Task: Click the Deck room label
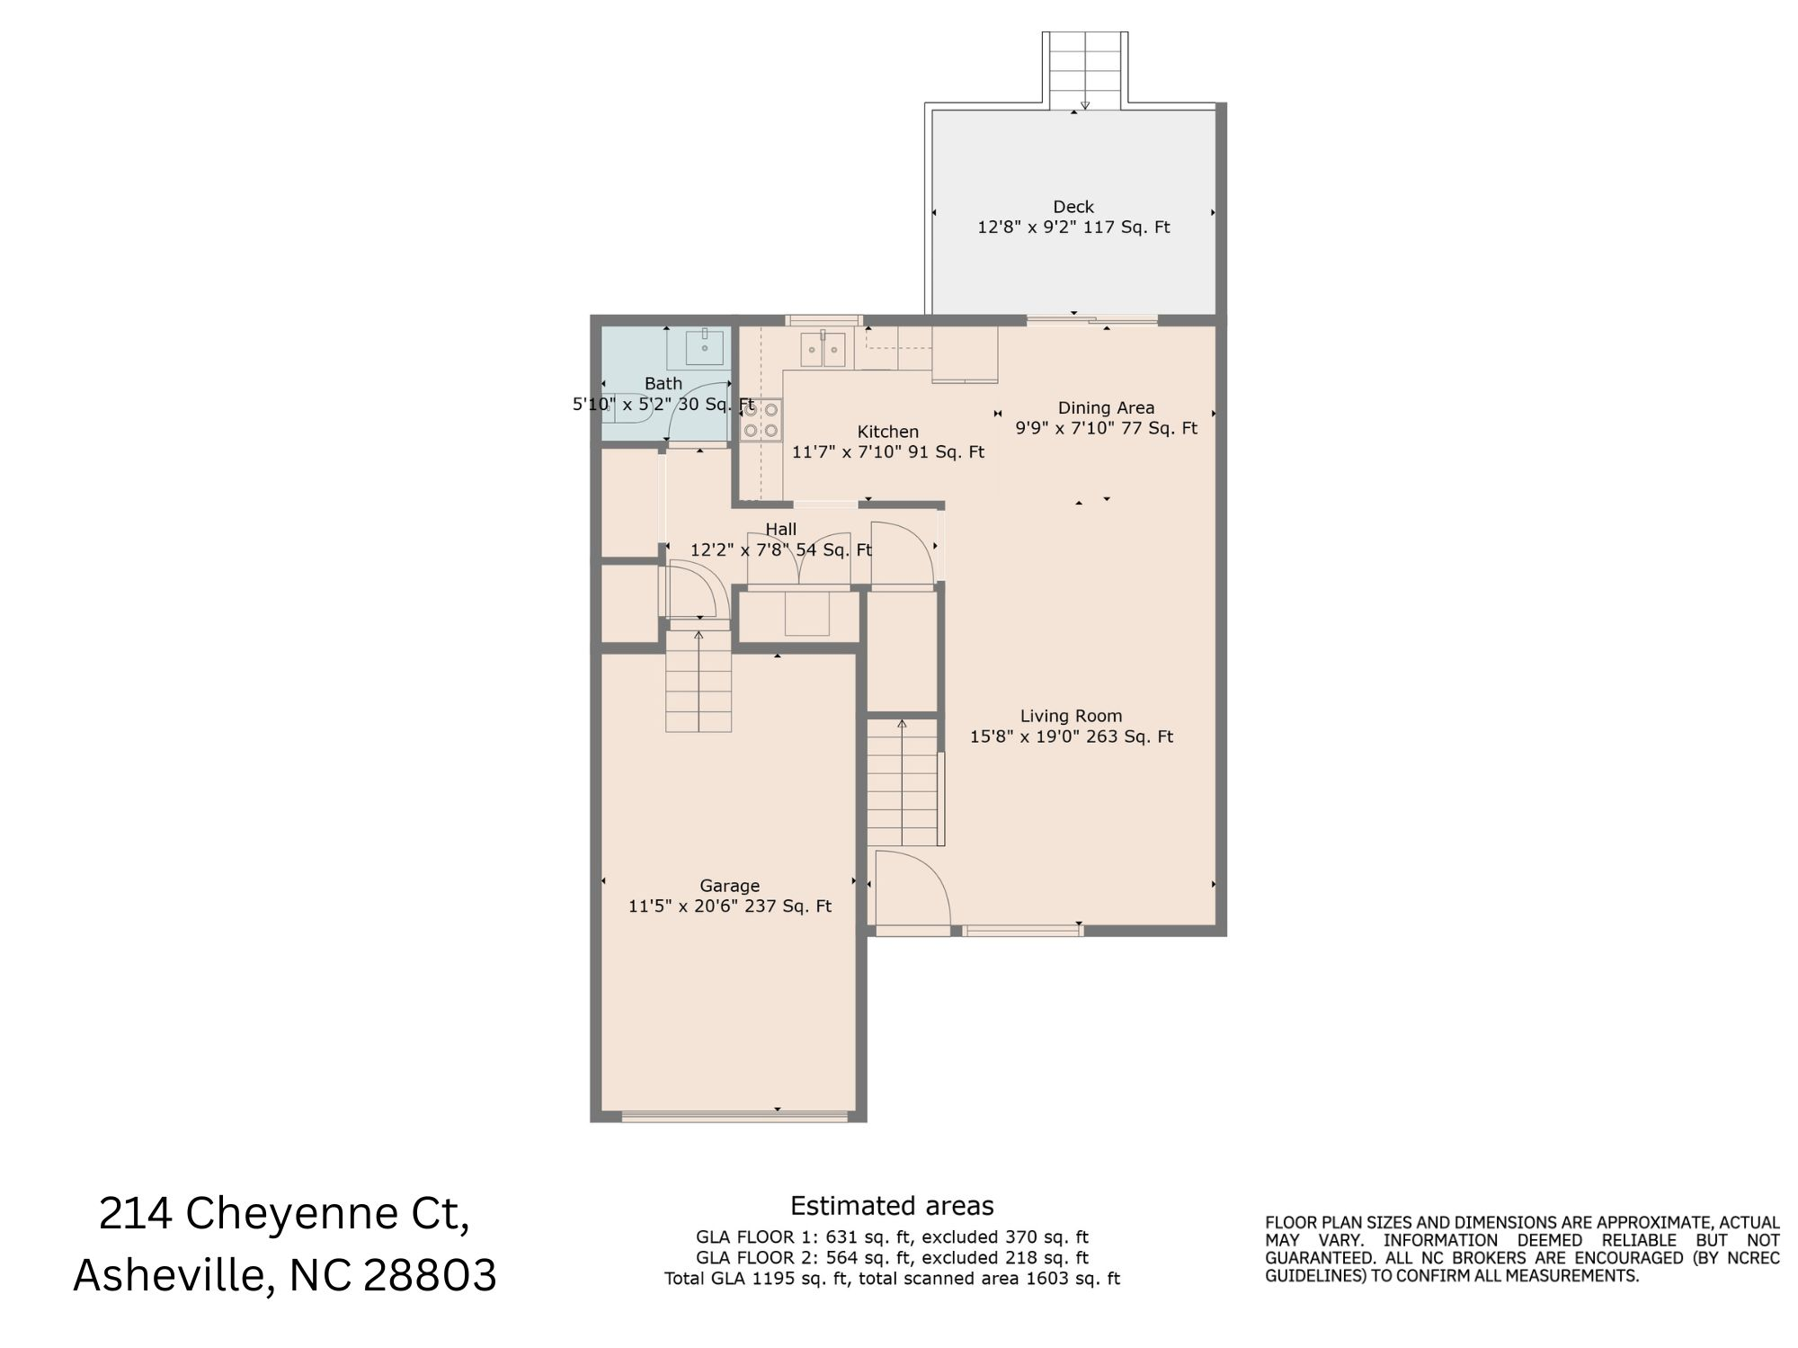[x=1073, y=207]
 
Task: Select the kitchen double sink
[x=823, y=349]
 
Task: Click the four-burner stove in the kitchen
[x=761, y=420]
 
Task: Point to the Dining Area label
[x=1106, y=407]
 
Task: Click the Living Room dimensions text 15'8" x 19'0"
[x=1021, y=737]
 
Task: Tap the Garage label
[x=729, y=886]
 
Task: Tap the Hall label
[x=780, y=529]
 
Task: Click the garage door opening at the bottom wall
[x=734, y=1117]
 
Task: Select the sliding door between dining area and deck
[x=1091, y=319]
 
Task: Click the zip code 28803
[x=429, y=1275]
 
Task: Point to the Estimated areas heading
[x=892, y=1206]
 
